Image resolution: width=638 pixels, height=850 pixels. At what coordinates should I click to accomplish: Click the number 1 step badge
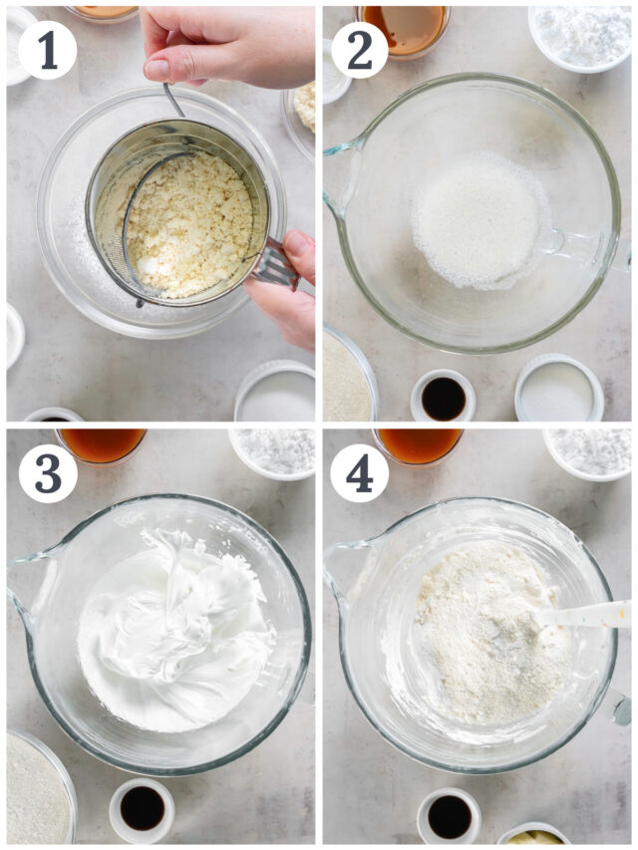coord(48,51)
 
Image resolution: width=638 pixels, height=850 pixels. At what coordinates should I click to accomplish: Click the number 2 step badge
coord(359,51)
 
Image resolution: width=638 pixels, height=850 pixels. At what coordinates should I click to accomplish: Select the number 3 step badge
coord(48,473)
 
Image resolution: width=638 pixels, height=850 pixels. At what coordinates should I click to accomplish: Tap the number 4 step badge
coord(359,473)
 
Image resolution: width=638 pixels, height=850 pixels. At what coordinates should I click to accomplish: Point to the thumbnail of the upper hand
coord(158,70)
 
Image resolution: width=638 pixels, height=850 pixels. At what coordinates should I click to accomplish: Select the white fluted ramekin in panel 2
coord(559,389)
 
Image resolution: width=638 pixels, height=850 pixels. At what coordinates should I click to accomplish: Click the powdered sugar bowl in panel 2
coord(580,37)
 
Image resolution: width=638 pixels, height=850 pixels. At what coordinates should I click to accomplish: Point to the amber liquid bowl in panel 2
coord(404,30)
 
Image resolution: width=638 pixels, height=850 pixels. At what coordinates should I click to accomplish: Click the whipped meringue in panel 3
coord(174,629)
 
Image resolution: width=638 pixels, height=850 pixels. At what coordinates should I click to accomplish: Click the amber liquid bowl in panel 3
coord(101,445)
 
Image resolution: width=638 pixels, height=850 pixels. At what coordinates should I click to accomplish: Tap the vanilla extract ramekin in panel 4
coord(450,815)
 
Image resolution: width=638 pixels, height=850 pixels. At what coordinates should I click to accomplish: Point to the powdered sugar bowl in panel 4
coord(588,453)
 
